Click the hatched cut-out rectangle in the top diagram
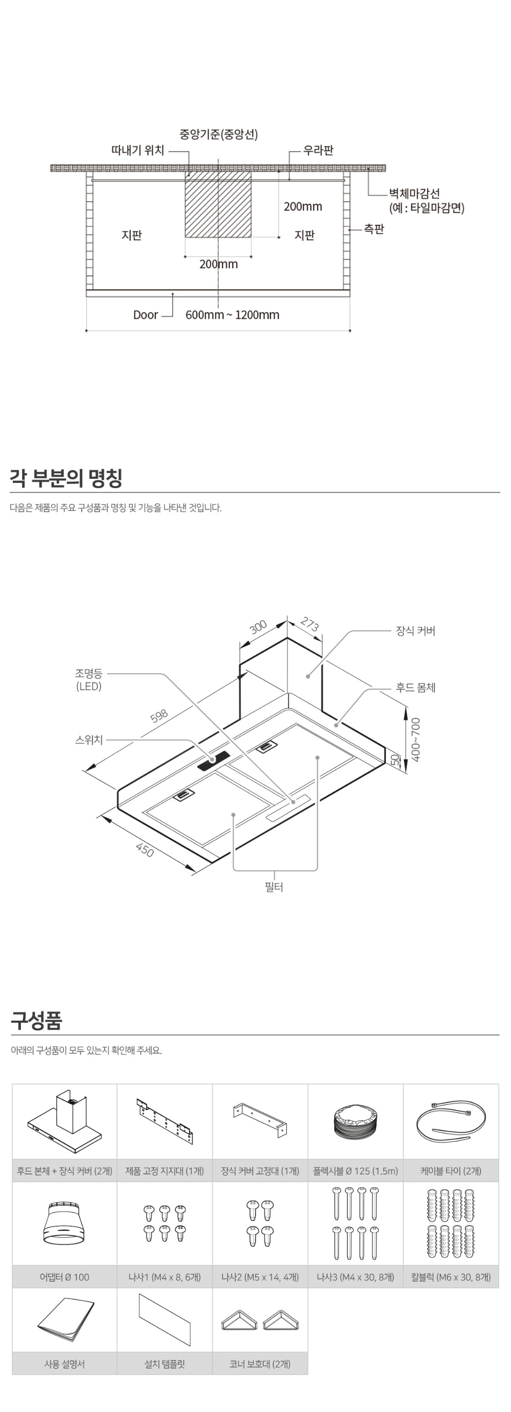(218, 205)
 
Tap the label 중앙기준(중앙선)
(219, 134)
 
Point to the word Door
(145, 315)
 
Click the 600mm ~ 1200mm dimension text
(232, 315)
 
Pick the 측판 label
(374, 229)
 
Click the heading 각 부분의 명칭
(66, 478)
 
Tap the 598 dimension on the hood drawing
(159, 716)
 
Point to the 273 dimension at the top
(310, 625)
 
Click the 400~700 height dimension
(416, 739)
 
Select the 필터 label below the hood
(274, 887)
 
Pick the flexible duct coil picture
(356, 1122)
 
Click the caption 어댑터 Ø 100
(64, 1277)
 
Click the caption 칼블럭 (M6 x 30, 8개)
(451, 1277)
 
